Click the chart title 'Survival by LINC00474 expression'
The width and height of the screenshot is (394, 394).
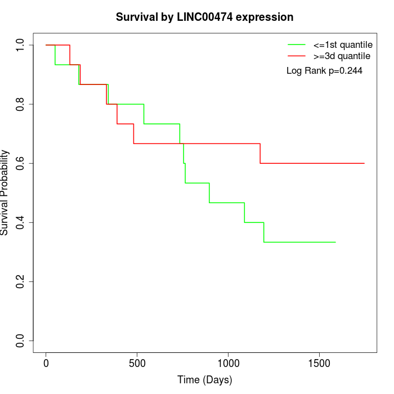pyautogui.click(x=204, y=17)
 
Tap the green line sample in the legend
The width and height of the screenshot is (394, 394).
pyautogui.click(x=297, y=44)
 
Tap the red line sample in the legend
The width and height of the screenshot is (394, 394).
pyautogui.click(x=297, y=56)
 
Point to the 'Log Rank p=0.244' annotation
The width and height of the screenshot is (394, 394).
pyautogui.click(x=324, y=71)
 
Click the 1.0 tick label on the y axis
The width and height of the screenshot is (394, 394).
pyautogui.click(x=21, y=45)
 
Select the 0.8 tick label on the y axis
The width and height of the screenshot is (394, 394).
pyautogui.click(x=21, y=104)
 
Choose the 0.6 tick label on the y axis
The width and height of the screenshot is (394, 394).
pyautogui.click(x=21, y=163)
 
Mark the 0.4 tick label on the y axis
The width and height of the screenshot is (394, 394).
pyautogui.click(x=21, y=222)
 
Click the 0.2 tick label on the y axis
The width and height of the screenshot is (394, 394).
pyautogui.click(x=21, y=281)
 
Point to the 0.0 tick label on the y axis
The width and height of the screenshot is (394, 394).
pyautogui.click(x=21, y=341)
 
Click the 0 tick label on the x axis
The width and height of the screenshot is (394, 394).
pyautogui.click(x=46, y=363)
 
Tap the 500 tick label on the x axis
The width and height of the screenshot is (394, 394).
pyautogui.click(x=137, y=363)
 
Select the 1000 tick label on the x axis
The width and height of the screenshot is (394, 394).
pyautogui.click(x=229, y=363)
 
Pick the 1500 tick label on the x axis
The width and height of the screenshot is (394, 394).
pyautogui.click(x=319, y=363)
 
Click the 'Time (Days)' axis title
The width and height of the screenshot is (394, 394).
pyautogui.click(x=204, y=380)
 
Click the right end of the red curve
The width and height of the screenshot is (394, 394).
pyautogui.click(x=364, y=163)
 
